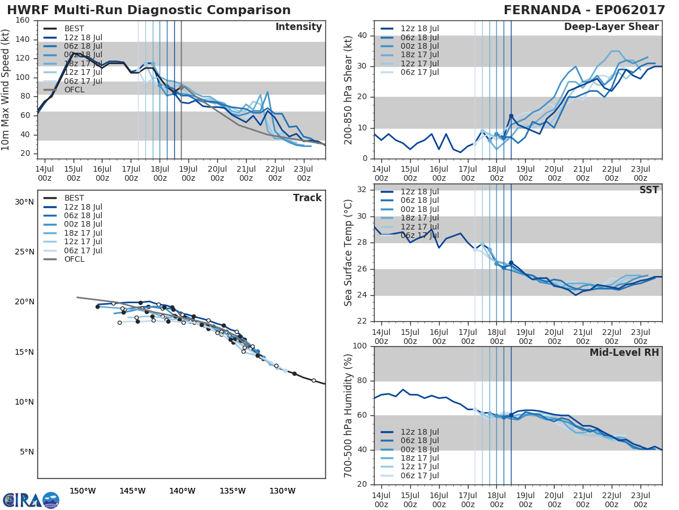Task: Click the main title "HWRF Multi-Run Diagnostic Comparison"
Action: tap(149, 10)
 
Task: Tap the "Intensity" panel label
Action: tap(298, 27)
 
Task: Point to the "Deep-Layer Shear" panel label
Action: tap(611, 27)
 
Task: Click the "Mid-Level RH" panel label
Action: tap(624, 353)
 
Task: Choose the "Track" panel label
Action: tap(307, 198)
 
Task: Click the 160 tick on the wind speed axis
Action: tap(23, 20)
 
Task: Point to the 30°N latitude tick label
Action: tap(24, 202)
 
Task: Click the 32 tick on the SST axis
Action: tap(362, 190)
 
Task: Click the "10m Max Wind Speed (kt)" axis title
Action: tap(6, 90)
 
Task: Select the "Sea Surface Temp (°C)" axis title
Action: tap(349, 253)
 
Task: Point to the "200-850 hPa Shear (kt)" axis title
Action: tap(349, 90)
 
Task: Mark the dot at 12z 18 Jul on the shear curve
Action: tap(511, 116)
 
